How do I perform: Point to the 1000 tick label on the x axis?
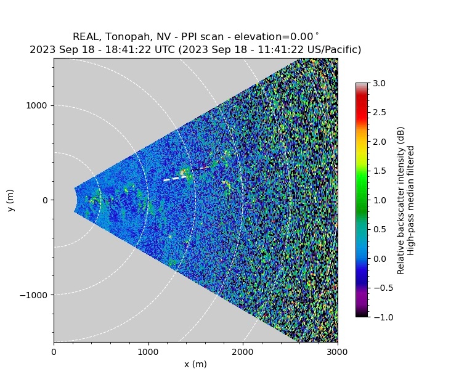(x=148, y=351)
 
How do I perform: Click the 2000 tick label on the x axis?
(x=243, y=351)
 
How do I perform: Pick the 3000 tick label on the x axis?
(x=337, y=351)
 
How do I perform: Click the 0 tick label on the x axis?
(x=54, y=351)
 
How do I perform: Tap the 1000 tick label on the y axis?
(x=39, y=106)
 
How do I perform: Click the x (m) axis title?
(x=195, y=364)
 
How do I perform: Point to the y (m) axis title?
(x=11, y=200)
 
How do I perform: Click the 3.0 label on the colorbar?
(x=379, y=83)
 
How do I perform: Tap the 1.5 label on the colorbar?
(x=379, y=171)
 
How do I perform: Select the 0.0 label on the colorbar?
(x=379, y=258)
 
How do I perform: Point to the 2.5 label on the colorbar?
(x=379, y=112)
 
